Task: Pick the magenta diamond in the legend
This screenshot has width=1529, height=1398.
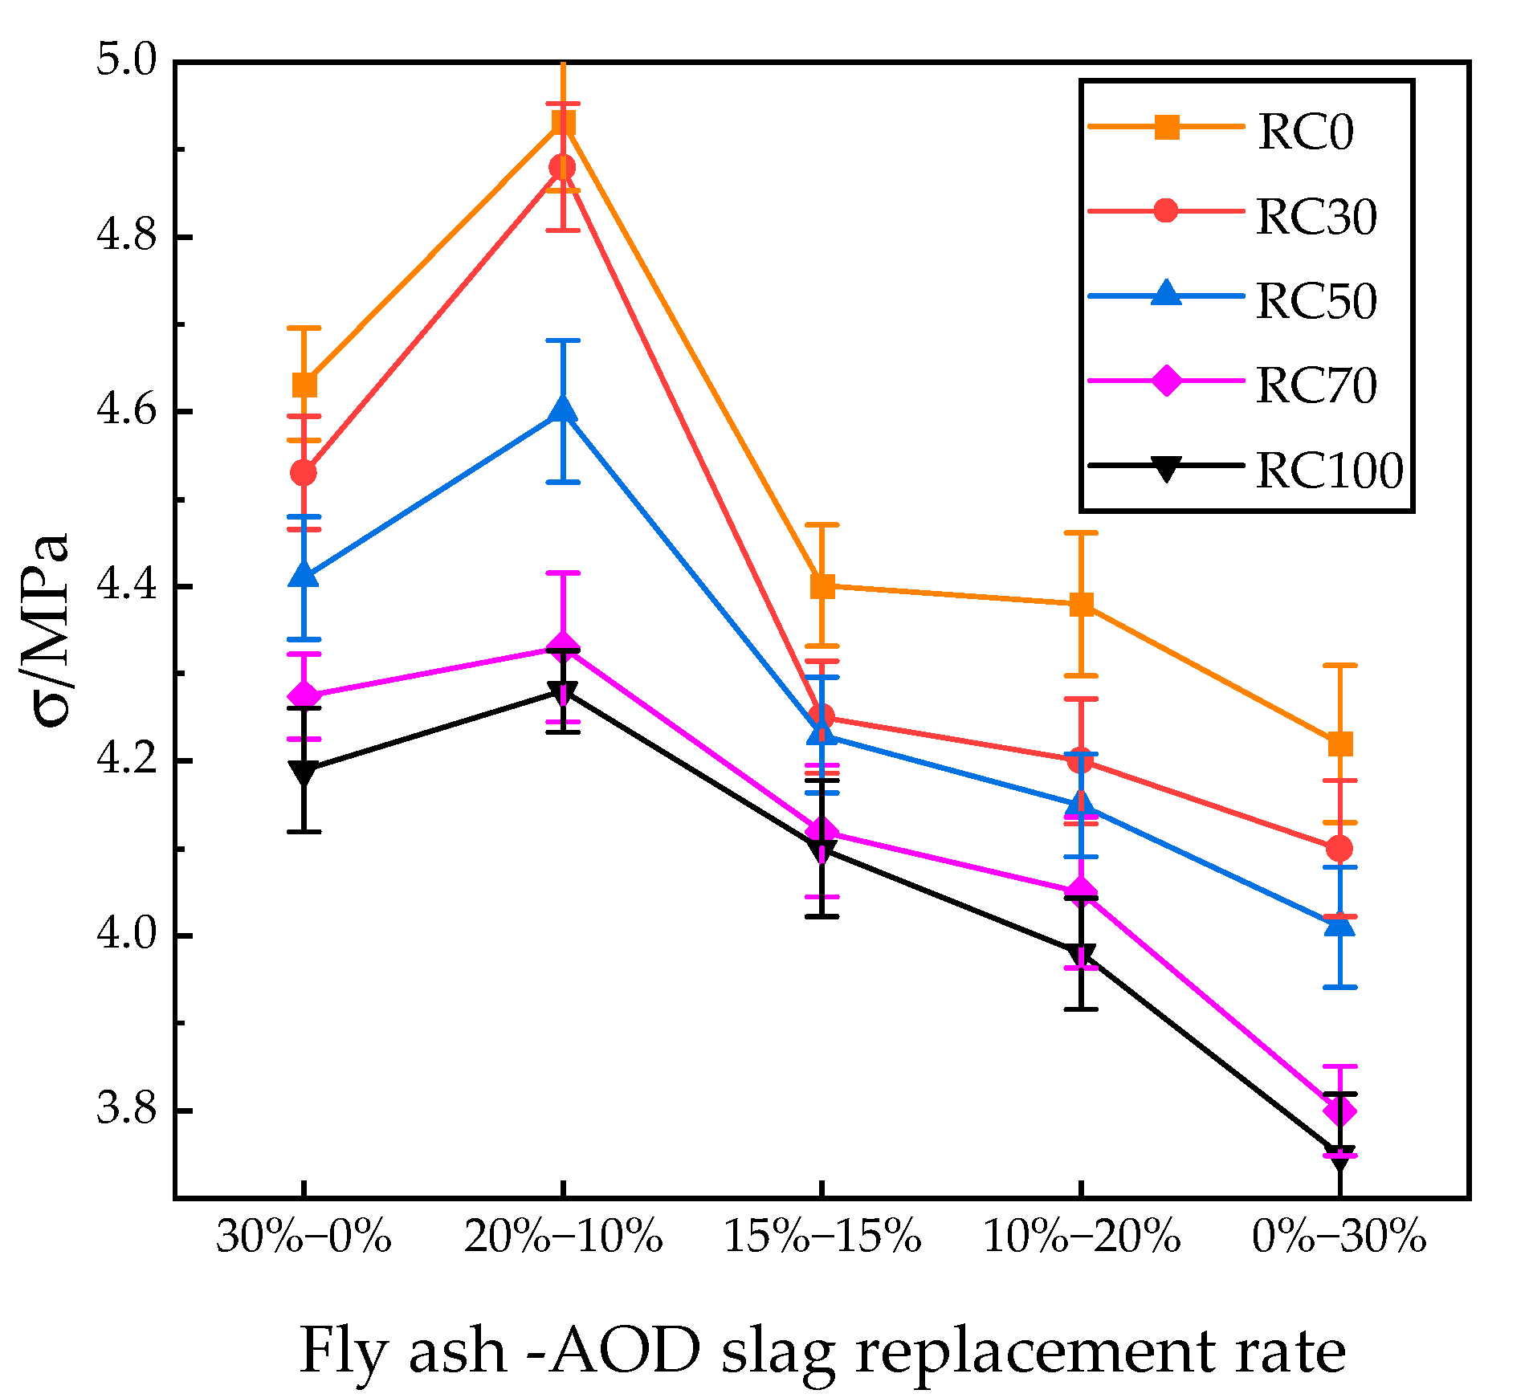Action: tap(1166, 380)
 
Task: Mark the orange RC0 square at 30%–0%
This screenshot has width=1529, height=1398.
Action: tap(304, 385)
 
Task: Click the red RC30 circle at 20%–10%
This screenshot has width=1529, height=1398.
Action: tap(562, 168)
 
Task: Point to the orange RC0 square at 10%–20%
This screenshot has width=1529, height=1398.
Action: tap(1081, 604)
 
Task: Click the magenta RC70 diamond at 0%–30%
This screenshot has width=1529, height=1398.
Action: tap(1339, 1111)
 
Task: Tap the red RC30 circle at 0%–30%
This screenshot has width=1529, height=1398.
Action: tap(1339, 848)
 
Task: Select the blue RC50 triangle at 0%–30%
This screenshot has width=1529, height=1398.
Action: tap(1339, 926)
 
